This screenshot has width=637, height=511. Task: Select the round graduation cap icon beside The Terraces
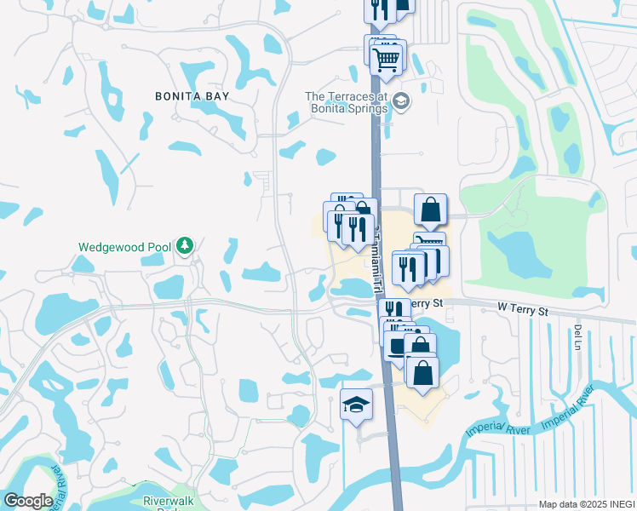point(400,103)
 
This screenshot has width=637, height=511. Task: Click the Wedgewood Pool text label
point(125,247)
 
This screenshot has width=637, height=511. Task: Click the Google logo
point(28,501)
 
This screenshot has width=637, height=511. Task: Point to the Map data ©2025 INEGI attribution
point(586,504)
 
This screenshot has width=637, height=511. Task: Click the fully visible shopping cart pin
point(387,58)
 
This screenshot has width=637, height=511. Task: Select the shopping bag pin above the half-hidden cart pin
point(431,210)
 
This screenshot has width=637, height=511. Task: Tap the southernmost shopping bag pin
point(422,373)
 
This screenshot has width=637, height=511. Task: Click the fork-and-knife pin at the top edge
point(378,9)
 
